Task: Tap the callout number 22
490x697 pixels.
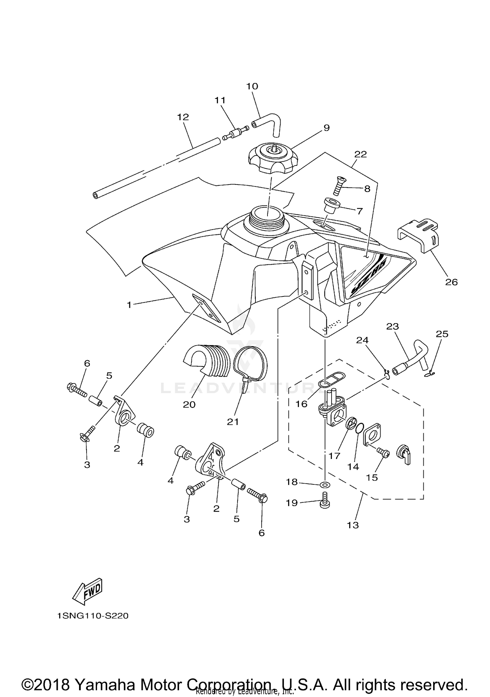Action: coord(360,154)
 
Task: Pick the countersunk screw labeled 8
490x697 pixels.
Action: coord(340,185)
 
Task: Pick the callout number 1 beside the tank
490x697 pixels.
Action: coord(129,305)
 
